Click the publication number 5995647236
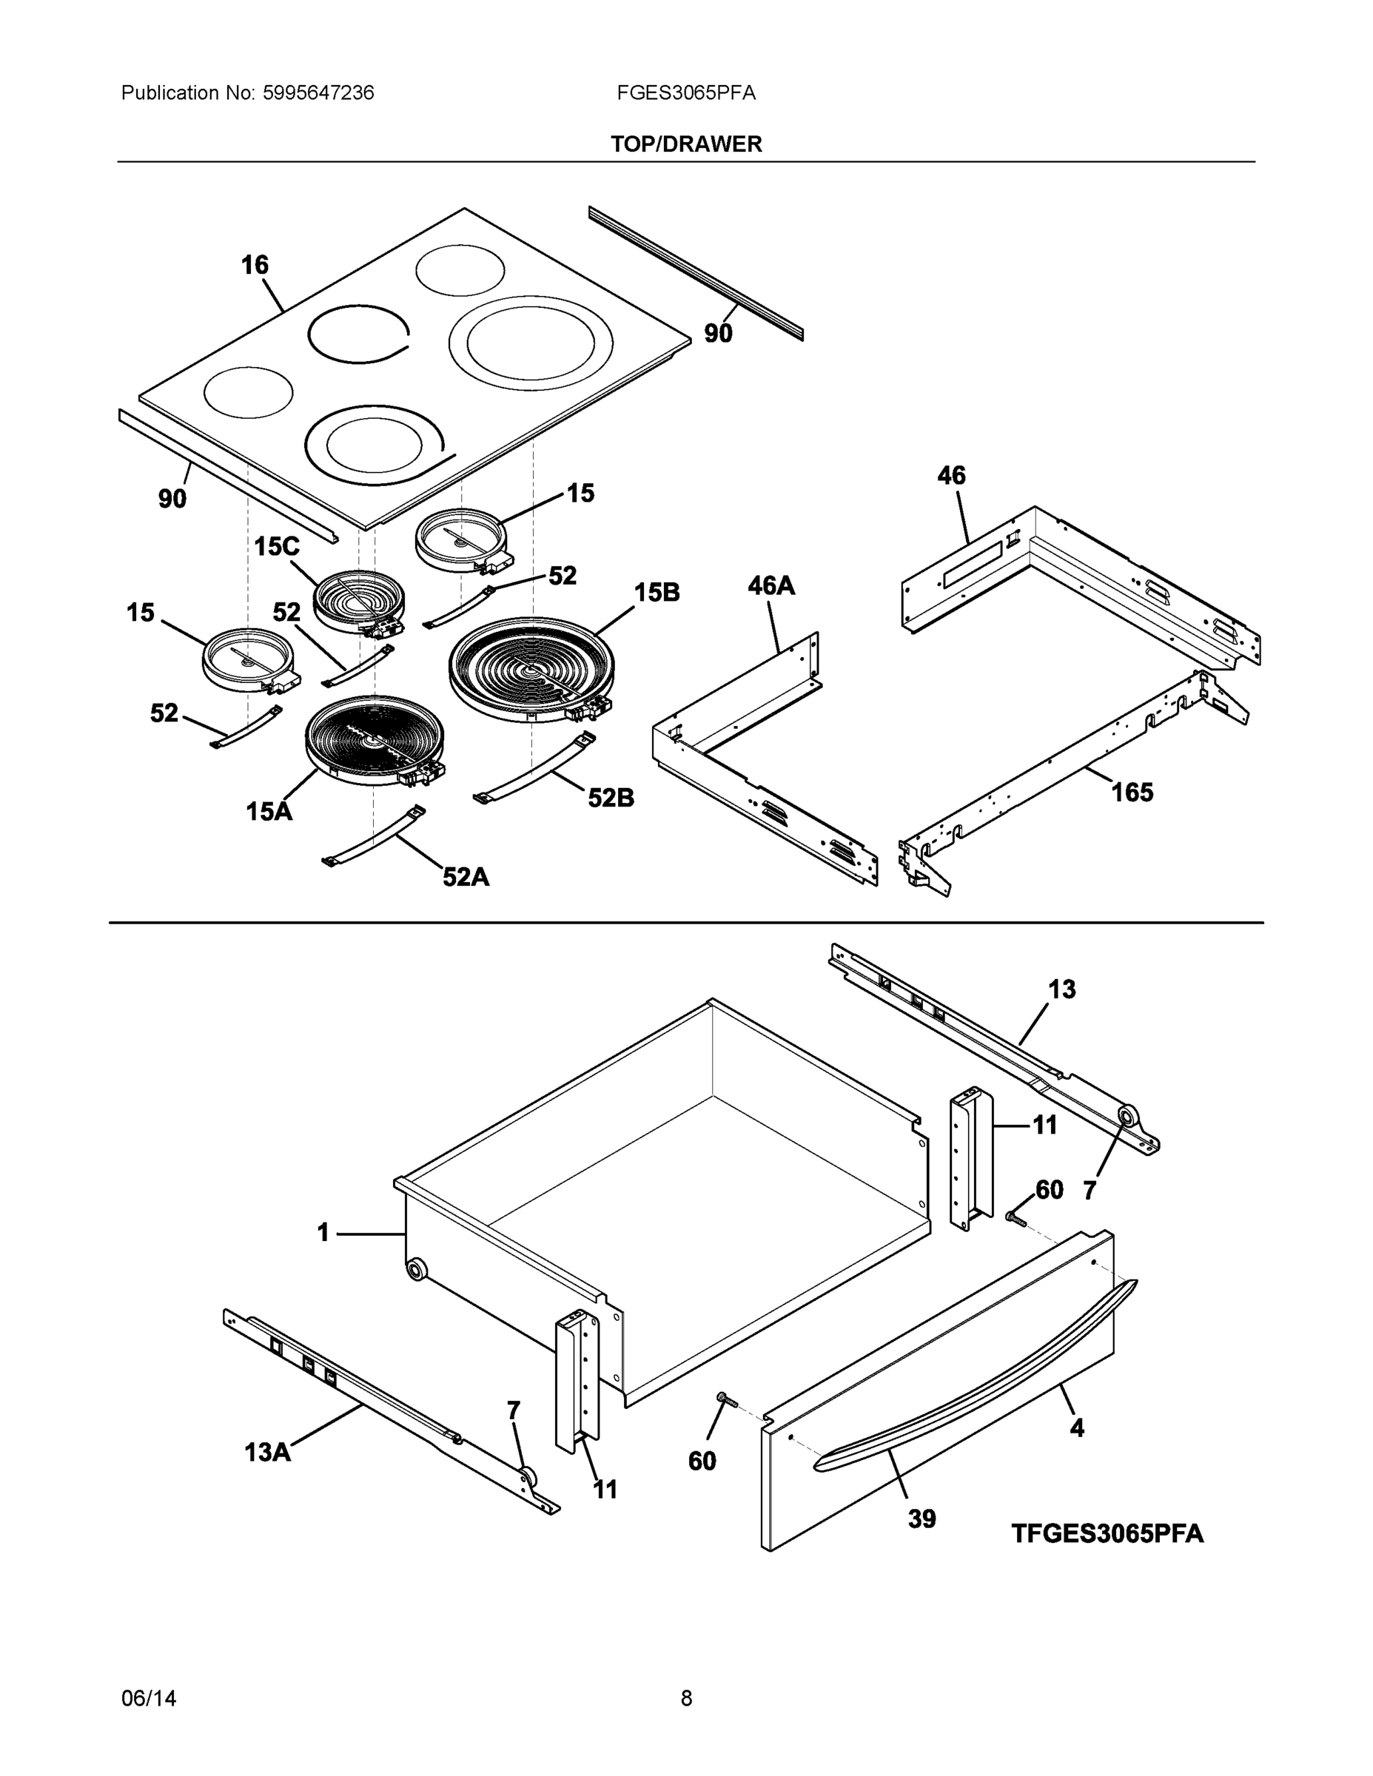pyautogui.click(x=318, y=93)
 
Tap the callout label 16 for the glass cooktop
pyautogui.click(x=255, y=265)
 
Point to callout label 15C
pyautogui.click(x=277, y=546)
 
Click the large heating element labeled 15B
pyautogui.click(x=531, y=669)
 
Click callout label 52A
pyautogui.click(x=466, y=877)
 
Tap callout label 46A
pyautogui.click(x=771, y=585)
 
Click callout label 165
pyautogui.click(x=1132, y=791)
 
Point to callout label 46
pyautogui.click(x=951, y=476)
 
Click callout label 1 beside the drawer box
pyautogui.click(x=323, y=1234)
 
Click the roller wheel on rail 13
pyautogui.click(x=1127, y=1117)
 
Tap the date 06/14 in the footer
pyautogui.click(x=148, y=1699)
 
